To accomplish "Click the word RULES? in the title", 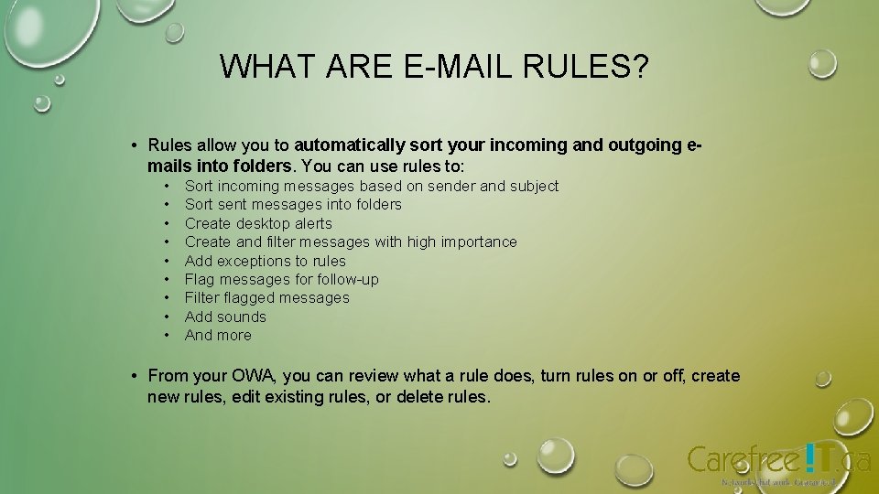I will [591, 67].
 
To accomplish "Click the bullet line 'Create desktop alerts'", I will [258, 223].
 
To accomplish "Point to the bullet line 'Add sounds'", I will [225, 317].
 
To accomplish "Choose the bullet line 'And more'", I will [218, 335].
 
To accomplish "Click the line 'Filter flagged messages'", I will [266, 297].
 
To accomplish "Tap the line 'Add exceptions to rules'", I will [265, 261].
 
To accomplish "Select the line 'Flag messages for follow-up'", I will [281, 279].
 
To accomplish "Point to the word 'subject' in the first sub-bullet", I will [534, 186].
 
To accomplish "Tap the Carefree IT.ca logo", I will [777, 460].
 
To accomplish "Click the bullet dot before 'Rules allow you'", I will [134, 145].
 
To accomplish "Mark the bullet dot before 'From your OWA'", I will [134, 376].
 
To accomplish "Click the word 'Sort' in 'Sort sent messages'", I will [199, 204].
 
